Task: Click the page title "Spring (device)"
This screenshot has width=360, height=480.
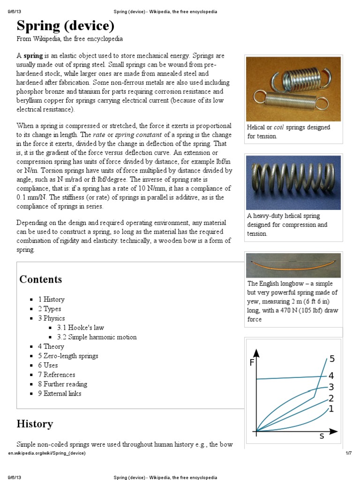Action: [66, 25]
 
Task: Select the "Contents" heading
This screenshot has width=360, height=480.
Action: [40, 279]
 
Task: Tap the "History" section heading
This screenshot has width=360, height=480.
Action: [35, 424]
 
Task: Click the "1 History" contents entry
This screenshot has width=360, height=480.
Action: [51, 300]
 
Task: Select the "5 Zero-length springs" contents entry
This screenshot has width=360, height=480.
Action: [68, 356]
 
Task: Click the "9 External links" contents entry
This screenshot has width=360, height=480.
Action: [60, 393]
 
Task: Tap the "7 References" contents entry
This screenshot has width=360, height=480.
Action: [56, 375]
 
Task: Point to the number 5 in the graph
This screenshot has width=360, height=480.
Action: [332, 359]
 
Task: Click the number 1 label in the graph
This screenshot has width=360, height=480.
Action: [331, 409]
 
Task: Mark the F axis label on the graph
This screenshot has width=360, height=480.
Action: [252, 362]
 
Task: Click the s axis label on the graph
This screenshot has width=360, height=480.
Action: [322, 436]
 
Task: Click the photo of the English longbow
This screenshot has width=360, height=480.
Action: [293, 265]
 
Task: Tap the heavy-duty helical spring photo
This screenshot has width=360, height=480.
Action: [293, 181]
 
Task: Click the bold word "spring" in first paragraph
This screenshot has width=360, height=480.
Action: [33, 55]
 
